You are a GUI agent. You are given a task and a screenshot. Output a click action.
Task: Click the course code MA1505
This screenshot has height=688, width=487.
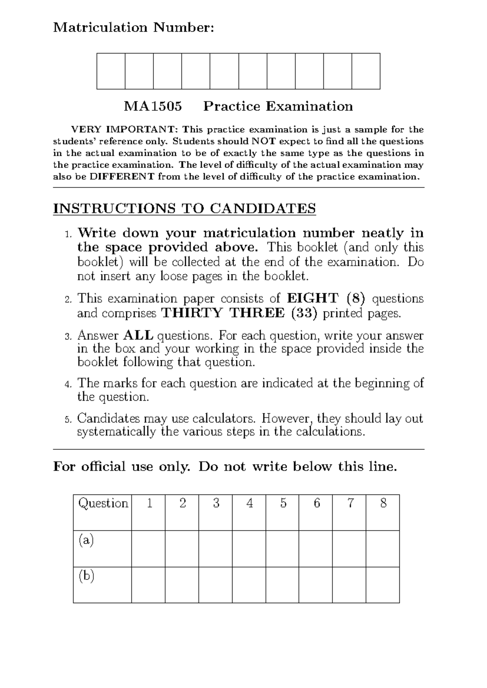pyautogui.click(x=153, y=106)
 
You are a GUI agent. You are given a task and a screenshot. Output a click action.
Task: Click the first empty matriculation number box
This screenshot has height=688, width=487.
pyautogui.click(x=111, y=71)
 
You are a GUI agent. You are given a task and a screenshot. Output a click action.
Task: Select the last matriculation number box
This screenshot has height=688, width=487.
pyautogui.click(x=366, y=71)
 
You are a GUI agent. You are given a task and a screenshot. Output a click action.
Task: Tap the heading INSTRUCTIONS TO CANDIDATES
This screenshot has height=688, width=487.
pyautogui.click(x=184, y=209)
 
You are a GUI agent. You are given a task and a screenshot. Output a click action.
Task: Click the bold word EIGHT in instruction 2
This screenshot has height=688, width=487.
pyautogui.click(x=312, y=299)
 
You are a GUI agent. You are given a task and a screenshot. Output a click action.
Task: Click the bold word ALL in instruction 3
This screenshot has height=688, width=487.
pyautogui.click(x=138, y=335)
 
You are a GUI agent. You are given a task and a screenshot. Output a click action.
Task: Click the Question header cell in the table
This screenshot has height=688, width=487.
pyautogui.click(x=103, y=503)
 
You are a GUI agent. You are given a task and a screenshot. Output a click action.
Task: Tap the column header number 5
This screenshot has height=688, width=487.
pyautogui.click(x=283, y=503)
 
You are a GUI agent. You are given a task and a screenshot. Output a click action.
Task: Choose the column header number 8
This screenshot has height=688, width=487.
pyautogui.click(x=383, y=503)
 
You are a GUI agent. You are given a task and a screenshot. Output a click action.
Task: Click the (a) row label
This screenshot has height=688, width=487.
pyautogui.click(x=86, y=540)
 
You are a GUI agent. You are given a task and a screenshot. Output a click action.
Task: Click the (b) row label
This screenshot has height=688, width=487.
pyautogui.click(x=86, y=576)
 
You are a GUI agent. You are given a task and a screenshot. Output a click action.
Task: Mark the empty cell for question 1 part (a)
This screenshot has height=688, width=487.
pyautogui.click(x=149, y=548)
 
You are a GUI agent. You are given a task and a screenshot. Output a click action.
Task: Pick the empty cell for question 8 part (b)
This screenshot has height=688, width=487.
pyautogui.click(x=383, y=585)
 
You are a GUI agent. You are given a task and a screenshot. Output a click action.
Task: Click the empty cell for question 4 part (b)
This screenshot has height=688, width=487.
pyautogui.click(x=249, y=585)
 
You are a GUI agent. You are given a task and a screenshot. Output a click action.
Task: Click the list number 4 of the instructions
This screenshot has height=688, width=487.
pyautogui.click(x=68, y=384)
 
